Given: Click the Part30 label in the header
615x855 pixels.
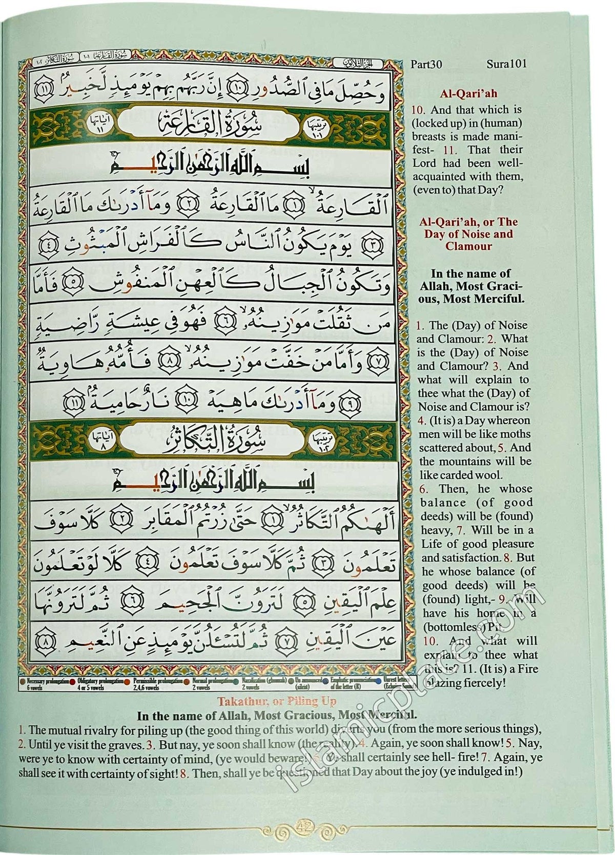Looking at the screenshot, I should click(x=426, y=64).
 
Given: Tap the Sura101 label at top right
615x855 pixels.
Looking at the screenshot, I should click(x=506, y=64).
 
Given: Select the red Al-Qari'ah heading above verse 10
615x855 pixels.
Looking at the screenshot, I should click(x=468, y=94).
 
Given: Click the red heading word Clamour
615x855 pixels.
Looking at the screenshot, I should click(x=468, y=246).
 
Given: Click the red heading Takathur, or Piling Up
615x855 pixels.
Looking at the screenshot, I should click(x=277, y=701).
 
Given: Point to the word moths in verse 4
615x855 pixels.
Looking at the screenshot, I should click(x=514, y=434).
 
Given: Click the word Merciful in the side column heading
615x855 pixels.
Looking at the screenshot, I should click(x=501, y=299).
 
